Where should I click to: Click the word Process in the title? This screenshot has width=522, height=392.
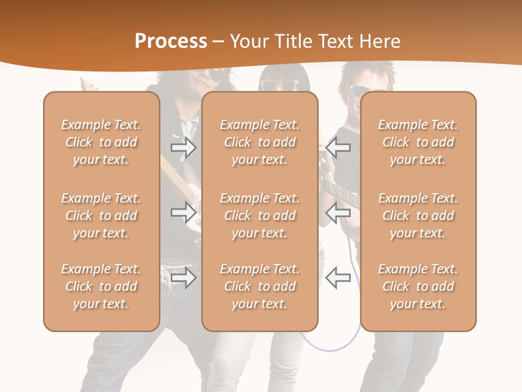click(171, 41)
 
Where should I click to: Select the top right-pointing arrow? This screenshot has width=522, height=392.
click(184, 148)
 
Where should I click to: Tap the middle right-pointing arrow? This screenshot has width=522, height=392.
click(184, 212)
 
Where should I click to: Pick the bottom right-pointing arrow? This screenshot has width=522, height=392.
click(184, 277)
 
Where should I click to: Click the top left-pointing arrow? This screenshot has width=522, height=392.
click(338, 147)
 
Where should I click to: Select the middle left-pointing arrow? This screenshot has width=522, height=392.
click(338, 212)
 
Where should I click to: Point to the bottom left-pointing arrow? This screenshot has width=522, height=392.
click(338, 277)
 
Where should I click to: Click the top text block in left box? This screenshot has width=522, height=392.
click(101, 142)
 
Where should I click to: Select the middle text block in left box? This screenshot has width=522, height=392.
click(101, 216)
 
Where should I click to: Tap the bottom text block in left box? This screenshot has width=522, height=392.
click(101, 286)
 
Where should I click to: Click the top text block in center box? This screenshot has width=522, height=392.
click(259, 142)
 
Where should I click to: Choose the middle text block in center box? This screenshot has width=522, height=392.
click(259, 216)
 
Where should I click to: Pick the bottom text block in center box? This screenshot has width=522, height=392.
click(259, 286)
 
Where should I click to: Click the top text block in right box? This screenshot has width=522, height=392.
click(418, 142)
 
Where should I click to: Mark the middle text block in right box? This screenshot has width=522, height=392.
click(418, 216)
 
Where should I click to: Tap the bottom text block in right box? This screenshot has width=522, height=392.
click(418, 286)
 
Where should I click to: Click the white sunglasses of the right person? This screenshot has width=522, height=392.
click(365, 89)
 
